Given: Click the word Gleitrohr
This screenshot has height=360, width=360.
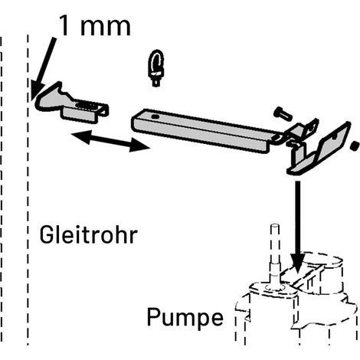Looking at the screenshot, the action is click(x=89, y=234).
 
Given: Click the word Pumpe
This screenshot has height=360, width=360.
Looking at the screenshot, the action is click(x=185, y=318).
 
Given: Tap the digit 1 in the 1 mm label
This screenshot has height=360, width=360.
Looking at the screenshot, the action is click(x=64, y=25).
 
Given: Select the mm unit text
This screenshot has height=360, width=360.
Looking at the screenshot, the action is click(x=106, y=28).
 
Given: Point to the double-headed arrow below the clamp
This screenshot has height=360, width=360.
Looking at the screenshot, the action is click(x=110, y=141).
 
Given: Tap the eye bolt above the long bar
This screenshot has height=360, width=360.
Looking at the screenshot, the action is click(x=156, y=67).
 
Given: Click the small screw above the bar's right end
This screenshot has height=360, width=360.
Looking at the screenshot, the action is click(x=283, y=113).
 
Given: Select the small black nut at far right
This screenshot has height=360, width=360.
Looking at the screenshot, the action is click(x=355, y=146).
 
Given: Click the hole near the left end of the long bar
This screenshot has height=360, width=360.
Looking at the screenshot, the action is click(x=155, y=117).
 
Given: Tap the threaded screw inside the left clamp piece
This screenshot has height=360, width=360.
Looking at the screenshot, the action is click(x=87, y=105).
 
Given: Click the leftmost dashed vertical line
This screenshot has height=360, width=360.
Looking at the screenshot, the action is click(x=2, y=189).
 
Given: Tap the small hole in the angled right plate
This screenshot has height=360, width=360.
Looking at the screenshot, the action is click(x=335, y=137).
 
